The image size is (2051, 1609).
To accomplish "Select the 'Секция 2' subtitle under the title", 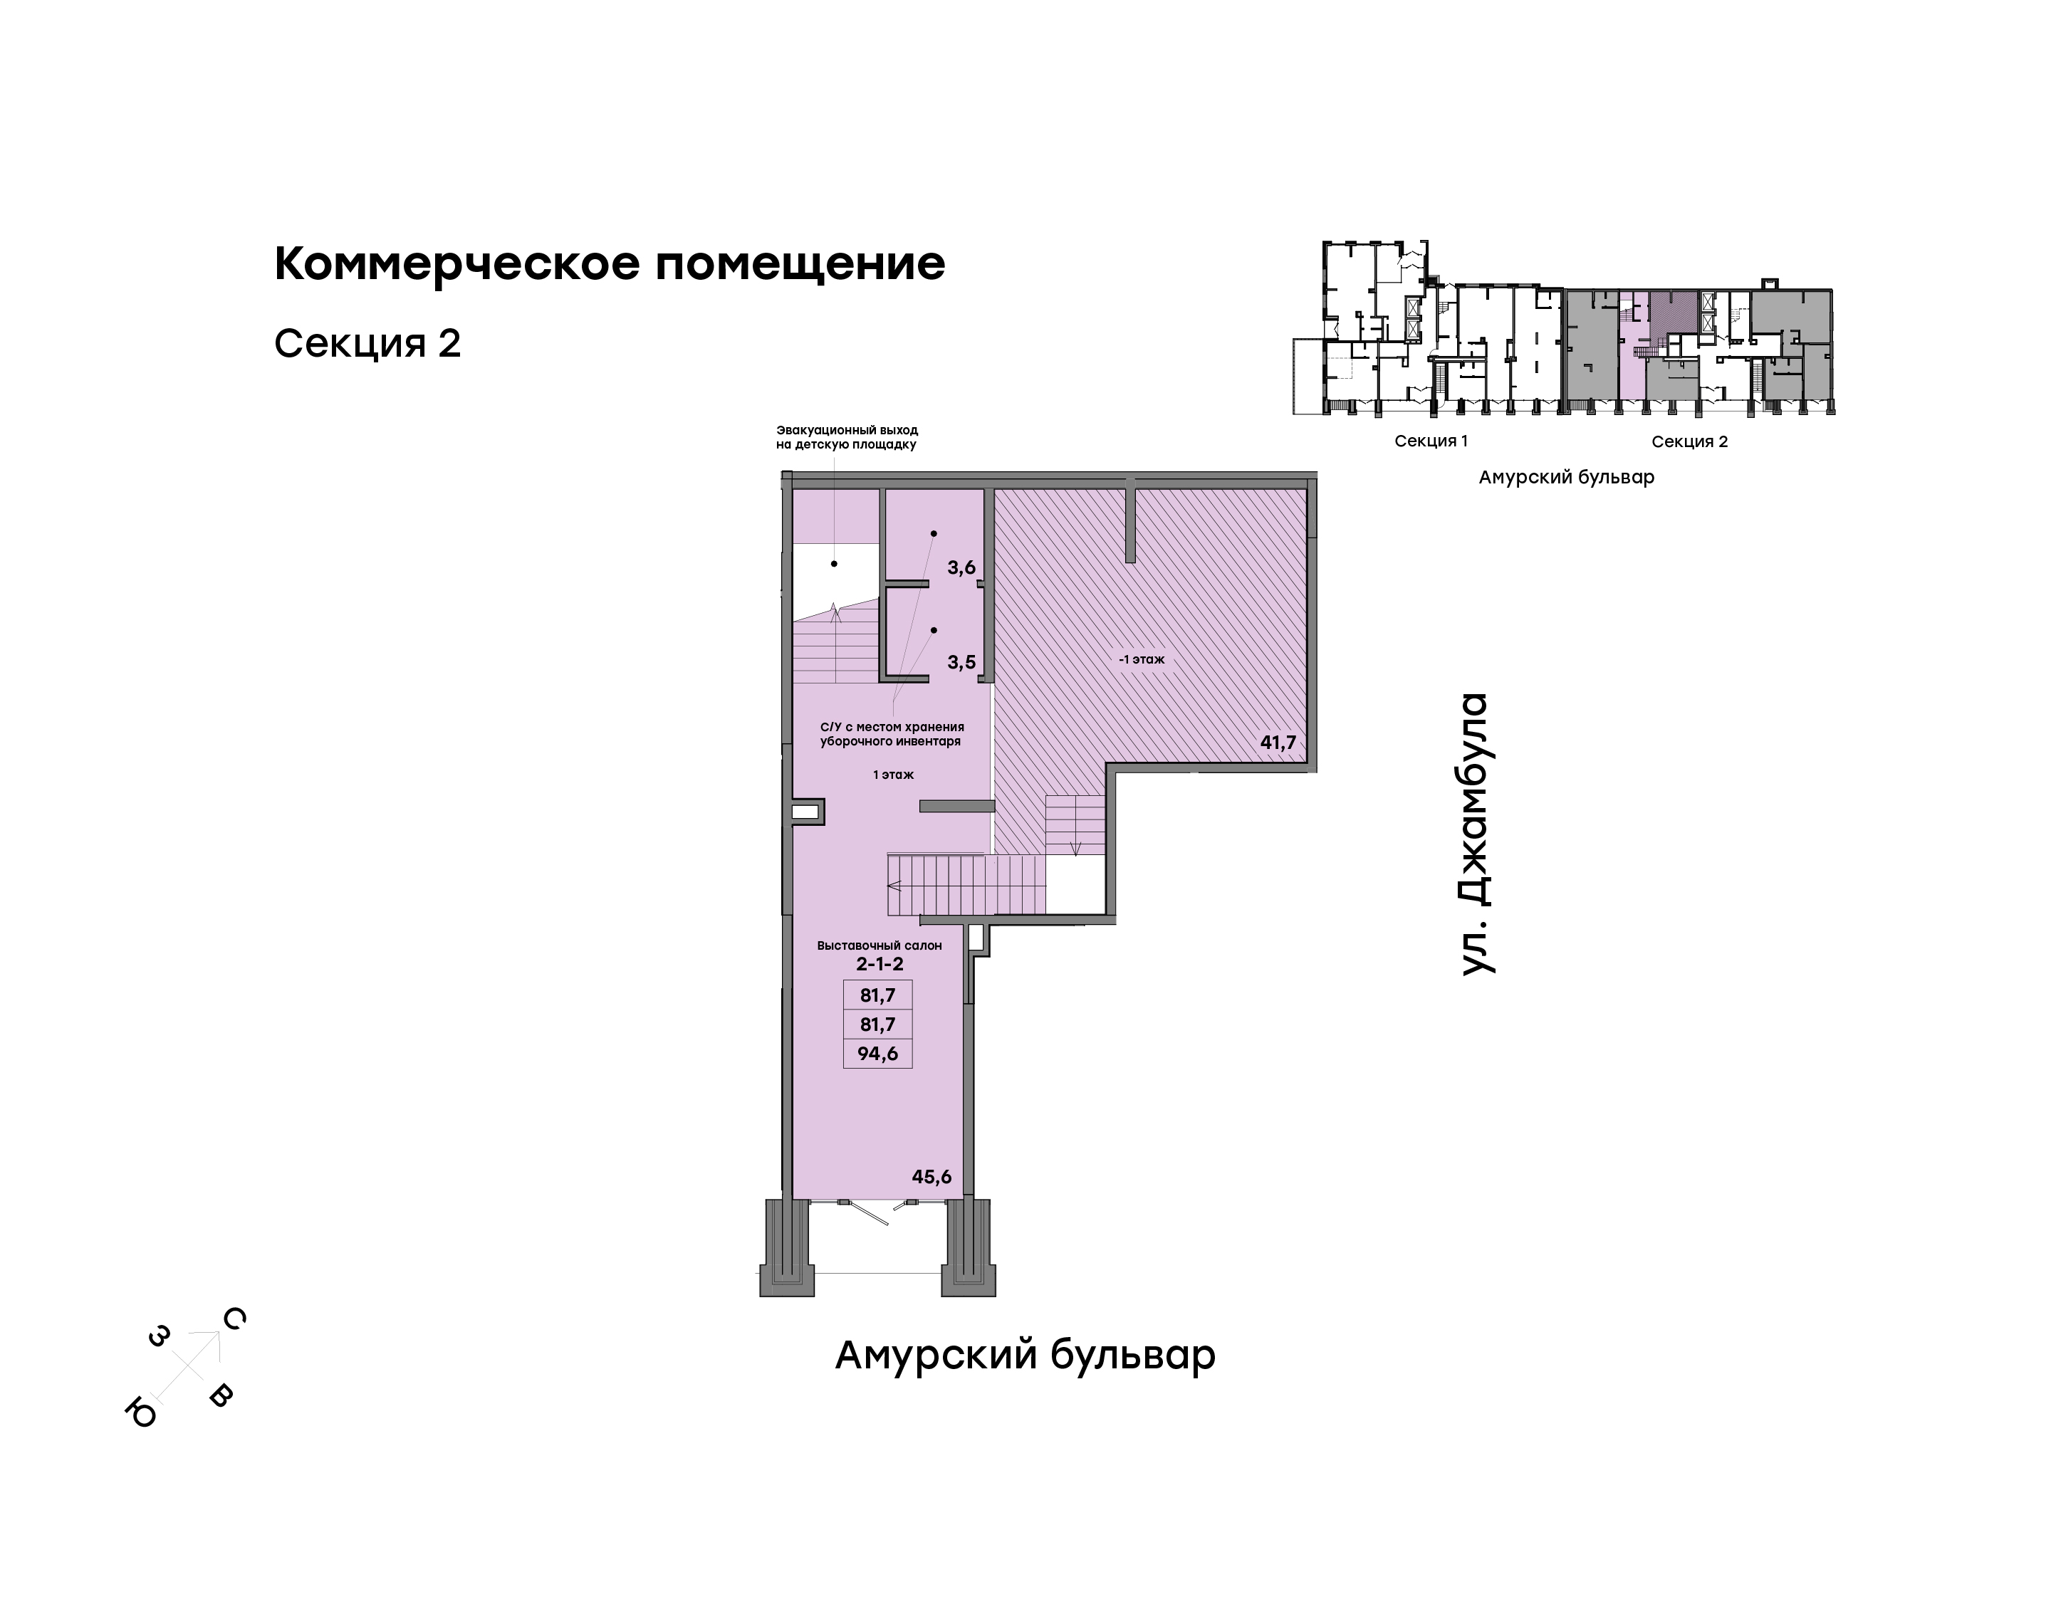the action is pyautogui.click(x=367, y=344).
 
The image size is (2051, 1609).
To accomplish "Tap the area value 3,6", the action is pyautogui.click(x=961, y=567).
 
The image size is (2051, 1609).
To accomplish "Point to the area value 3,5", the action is pyautogui.click(x=961, y=662).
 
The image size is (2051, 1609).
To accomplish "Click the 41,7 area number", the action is pyautogui.click(x=1278, y=743).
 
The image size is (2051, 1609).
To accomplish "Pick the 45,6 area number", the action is pyautogui.click(x=931, y=1177).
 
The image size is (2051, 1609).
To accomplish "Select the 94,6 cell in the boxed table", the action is pyautogui.click(x=878, y=1053).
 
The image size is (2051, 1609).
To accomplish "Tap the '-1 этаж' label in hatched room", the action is pyautogui.click(x=1142, y=659).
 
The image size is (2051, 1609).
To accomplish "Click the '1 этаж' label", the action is pyautogui.click(x=893, y=775).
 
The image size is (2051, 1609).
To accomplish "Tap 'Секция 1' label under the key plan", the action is pyautogui.click(x=1431, y=441).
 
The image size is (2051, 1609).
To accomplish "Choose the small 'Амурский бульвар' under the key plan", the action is pyautogui.click(x=1566, y=478).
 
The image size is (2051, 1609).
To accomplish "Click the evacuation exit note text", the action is pyautogui.click(x=846, y=437).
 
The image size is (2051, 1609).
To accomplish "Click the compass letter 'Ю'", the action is pyautogui.click(x=141, y=1413).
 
